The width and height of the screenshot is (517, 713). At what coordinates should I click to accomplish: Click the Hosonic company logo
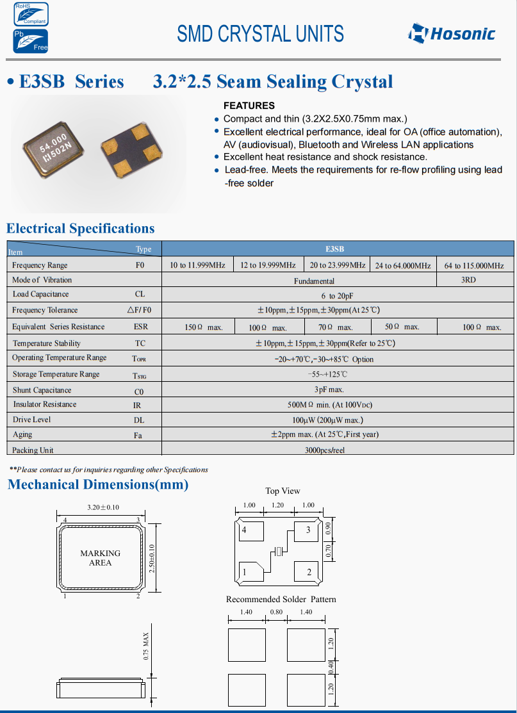coord(452,33)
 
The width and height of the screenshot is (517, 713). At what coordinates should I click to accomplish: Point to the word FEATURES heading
coord(249,106)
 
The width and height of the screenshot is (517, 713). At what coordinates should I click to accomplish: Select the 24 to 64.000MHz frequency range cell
coord(403,265)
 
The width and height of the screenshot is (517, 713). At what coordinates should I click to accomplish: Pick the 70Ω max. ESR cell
coord(336,327)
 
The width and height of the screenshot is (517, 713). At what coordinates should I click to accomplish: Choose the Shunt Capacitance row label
coord(42,390)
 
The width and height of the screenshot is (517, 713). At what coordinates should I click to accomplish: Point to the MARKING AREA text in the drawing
coord(100,558)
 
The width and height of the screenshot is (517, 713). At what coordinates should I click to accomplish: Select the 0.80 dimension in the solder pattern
coord(276,612)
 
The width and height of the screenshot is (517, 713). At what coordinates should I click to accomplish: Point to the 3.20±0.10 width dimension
coord(103,507)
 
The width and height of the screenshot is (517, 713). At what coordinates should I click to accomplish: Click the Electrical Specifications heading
coord(80,229)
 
